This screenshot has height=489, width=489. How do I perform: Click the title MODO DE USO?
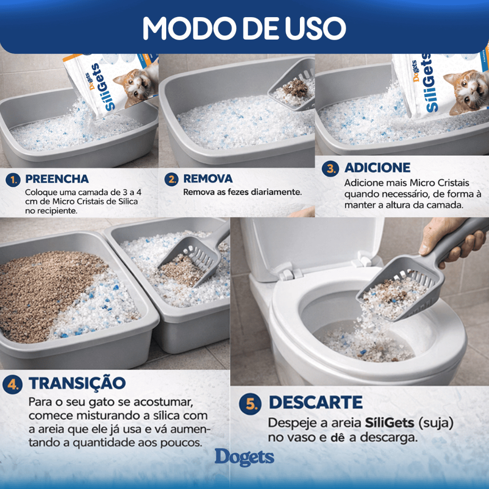[244, 28]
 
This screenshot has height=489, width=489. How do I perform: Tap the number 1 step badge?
[13, 180]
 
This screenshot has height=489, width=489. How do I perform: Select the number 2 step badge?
[171, 180]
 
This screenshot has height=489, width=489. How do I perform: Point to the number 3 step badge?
[330, 169]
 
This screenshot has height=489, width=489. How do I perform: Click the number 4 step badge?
[12, 384]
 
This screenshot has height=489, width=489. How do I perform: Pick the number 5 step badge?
[250, 404]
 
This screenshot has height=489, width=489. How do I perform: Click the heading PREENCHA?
[57, 179]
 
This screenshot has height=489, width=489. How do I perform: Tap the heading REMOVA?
[208, 179]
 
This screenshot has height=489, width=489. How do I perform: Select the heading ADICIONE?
[377, 168]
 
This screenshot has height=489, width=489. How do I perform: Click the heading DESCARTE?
[316, 402]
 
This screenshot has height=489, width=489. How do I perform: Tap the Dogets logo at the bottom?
[244, 457]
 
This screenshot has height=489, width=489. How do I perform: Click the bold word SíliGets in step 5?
[390, 423]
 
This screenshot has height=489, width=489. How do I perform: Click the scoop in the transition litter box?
[193, 259]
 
